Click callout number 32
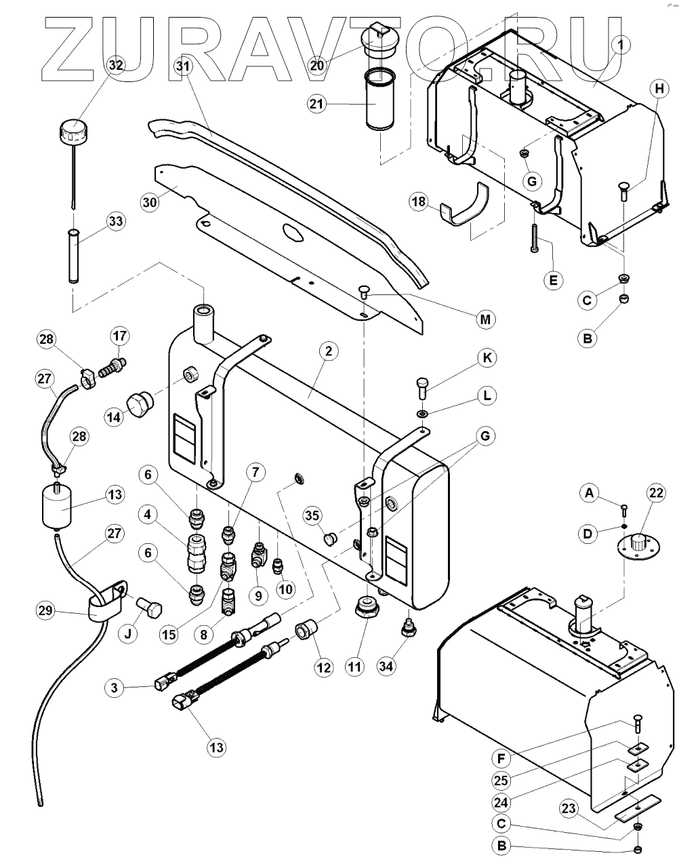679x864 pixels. [116, 65]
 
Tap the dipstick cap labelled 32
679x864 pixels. [71, 127]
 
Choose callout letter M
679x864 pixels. [485, 319]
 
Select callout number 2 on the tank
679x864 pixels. [328, 351]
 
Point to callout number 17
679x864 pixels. [119, 336]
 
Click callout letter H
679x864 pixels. [657, 87]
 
